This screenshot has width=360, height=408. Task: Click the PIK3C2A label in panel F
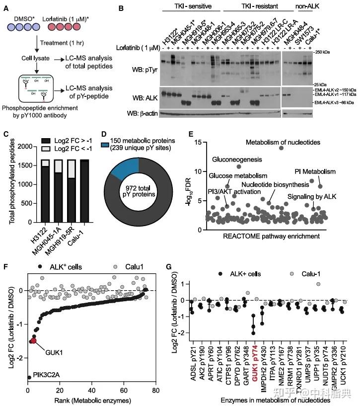click(48, 378)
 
